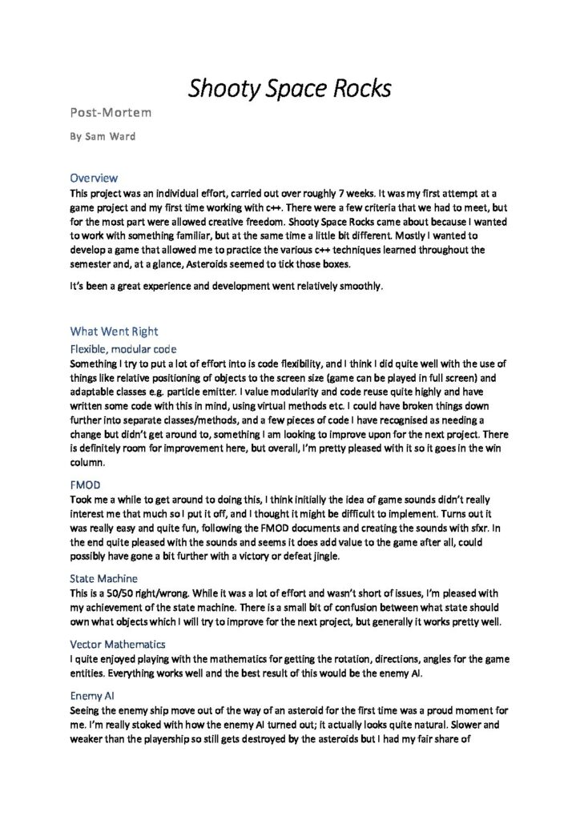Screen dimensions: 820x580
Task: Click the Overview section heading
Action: click(94, 177)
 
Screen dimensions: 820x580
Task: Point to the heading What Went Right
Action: click(114, 331)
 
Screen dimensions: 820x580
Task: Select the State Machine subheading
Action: click(103, 577)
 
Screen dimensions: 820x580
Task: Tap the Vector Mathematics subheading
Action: click(117, 643)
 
